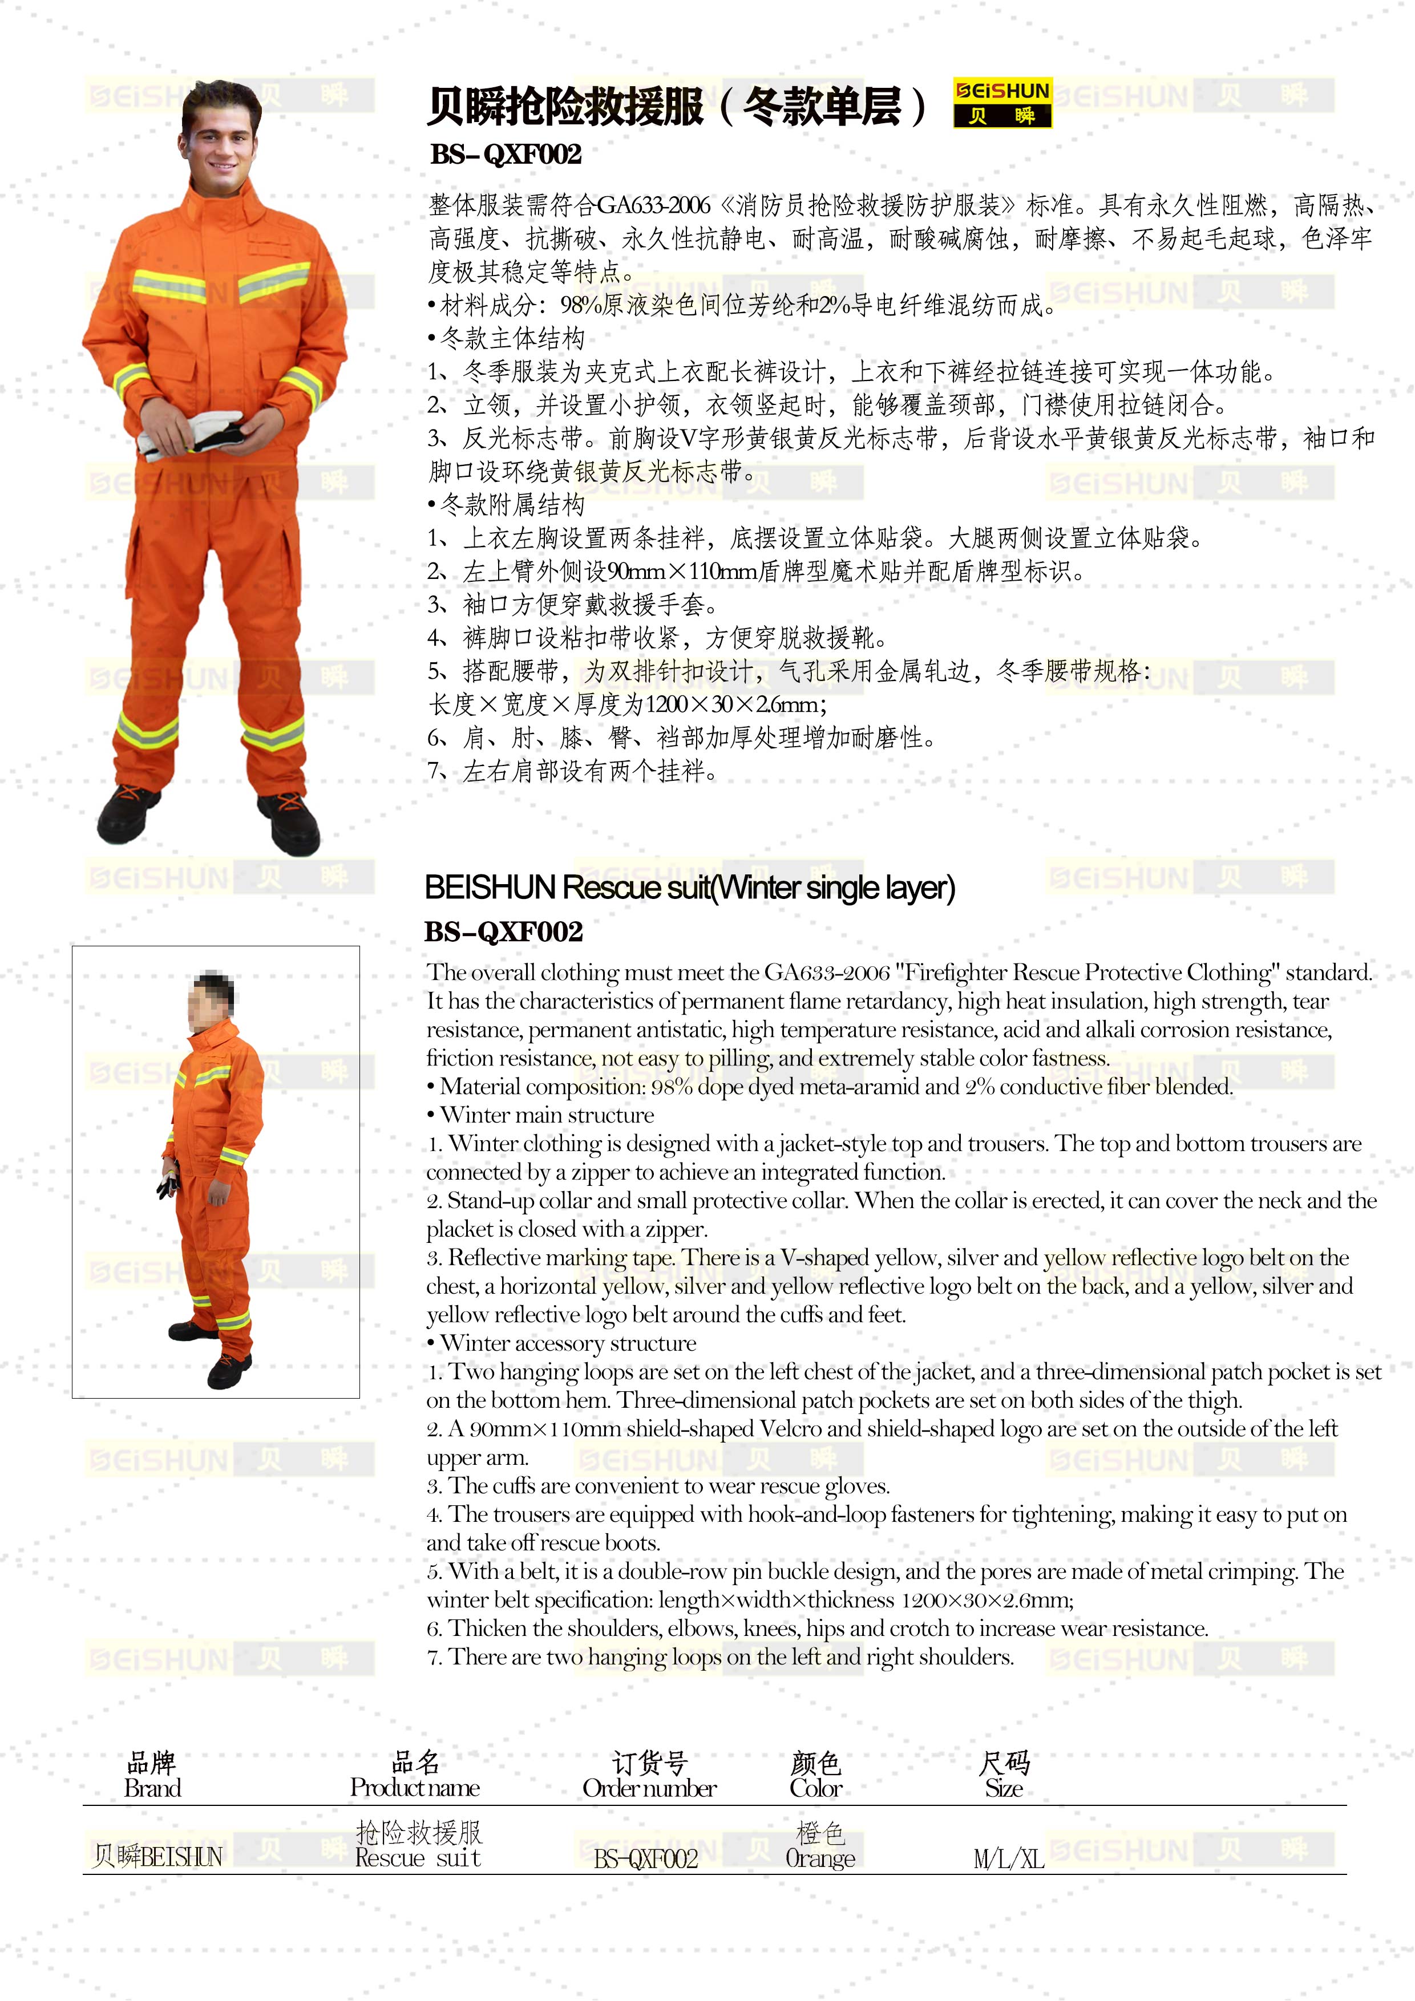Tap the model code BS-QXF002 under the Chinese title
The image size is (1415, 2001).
click(x=505, y=154)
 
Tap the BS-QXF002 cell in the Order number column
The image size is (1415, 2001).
click(x=646, y=1859)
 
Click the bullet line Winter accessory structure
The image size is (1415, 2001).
click(x=567, y=1343)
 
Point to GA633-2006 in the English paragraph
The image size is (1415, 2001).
click(x=827, y=973)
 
